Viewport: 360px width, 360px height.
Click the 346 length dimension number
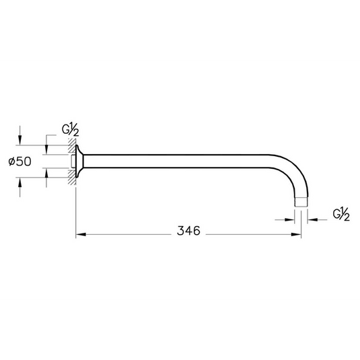tap(188, 231)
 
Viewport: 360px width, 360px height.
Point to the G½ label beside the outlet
tap(342, 215)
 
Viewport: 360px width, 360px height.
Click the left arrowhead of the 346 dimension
tap(78, 235)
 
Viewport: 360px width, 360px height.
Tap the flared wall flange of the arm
tap(79, 162)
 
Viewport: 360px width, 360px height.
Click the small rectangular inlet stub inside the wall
tap(73, 162)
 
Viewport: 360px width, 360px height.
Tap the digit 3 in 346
tap(181, 231)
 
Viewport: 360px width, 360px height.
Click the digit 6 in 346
tap(196, 231)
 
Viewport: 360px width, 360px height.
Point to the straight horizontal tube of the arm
tap(182, 162)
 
